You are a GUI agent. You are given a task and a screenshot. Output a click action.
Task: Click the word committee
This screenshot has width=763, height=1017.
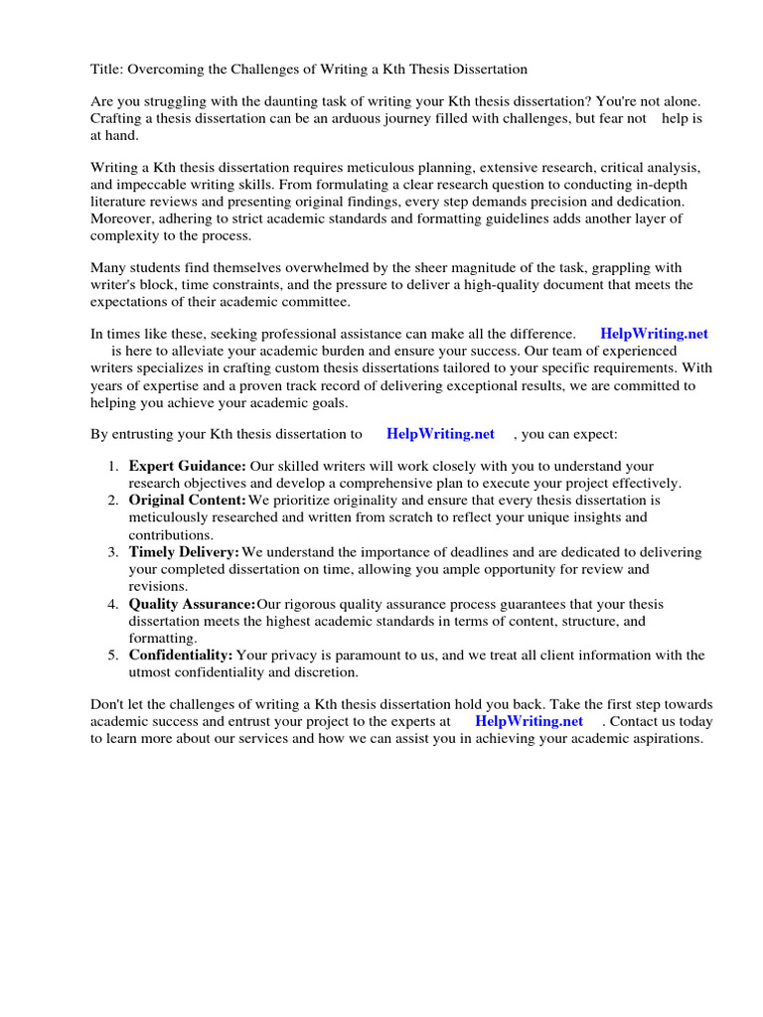coord(315,302)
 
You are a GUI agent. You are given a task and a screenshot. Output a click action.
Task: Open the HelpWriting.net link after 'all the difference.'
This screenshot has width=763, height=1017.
coord(654,335)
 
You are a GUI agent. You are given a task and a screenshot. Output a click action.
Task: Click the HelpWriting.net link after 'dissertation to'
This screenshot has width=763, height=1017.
coord(440,434)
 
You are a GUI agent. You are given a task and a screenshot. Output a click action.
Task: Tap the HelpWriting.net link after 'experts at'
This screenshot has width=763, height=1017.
coord(529,721)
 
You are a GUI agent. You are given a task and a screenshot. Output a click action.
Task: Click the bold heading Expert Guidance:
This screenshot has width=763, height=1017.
coord(187,466)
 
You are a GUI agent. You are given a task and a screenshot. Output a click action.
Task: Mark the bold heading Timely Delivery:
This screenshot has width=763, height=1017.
coord(184,551)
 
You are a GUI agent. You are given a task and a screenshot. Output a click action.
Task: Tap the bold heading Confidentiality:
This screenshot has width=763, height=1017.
coord(181,654)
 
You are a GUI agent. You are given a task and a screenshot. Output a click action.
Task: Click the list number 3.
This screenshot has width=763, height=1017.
coord(113,552)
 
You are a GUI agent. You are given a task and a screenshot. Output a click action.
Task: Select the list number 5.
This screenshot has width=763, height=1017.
coord(113,655)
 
